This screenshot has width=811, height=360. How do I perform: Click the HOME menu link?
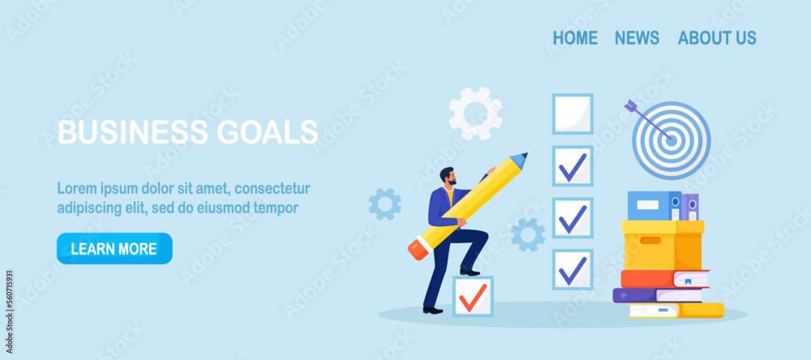pos(575,38)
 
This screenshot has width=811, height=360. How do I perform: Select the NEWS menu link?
pos(637,38)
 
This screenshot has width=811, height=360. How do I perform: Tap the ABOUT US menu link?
pos(717,38)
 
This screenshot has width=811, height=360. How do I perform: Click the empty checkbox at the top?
pos(573,114)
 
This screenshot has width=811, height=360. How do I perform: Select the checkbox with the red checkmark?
pos(472,297)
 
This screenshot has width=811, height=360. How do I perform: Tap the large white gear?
pos(475,114)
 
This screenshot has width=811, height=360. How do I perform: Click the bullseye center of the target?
pos(672,139)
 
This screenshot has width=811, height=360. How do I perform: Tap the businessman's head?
pos(448,176)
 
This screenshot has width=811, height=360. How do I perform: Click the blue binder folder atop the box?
pos(654,206)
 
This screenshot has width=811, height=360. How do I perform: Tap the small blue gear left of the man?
pos(384,204)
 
